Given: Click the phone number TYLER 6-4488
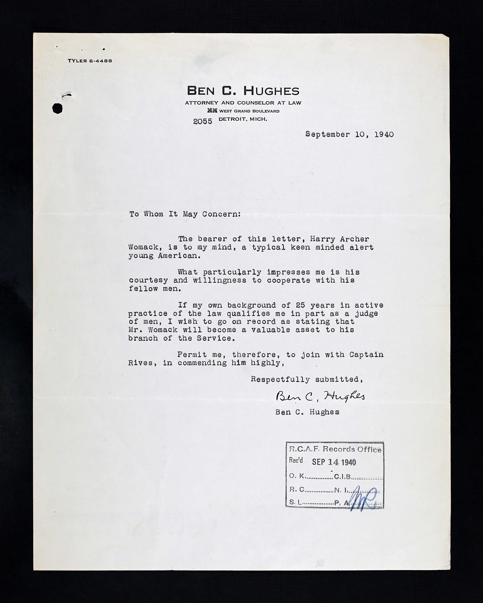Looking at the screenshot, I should tap(90, 61).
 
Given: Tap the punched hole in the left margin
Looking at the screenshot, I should tap(57, 108).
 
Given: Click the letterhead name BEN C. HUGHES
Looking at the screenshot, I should tap(243, 91).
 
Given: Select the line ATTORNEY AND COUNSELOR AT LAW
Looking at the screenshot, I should tap(243, 103).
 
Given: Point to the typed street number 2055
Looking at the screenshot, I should tap(202, 121).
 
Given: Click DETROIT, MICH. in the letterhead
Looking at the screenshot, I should tap(243, 119).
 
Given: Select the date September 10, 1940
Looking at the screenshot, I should tap(349, 134).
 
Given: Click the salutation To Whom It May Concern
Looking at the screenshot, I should tap(185, 214).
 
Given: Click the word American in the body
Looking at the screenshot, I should tap(179, 256).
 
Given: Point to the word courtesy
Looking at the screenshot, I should tap(148, 280).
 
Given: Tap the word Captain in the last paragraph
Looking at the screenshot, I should tap(366, 355).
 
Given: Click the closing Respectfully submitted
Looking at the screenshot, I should tap(307, 379).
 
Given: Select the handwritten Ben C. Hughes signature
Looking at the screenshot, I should tap(320, 396).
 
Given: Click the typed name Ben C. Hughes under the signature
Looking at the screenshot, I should tap(307, 412).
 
